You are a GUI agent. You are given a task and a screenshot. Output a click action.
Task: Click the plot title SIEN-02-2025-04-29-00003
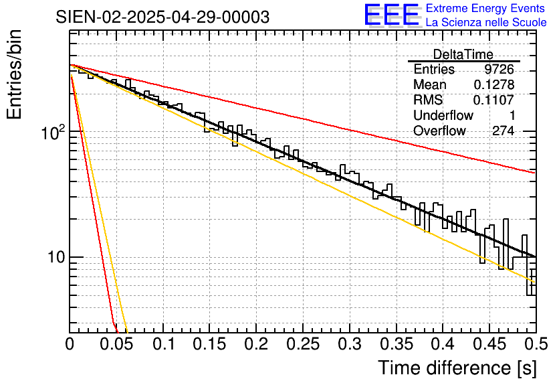pos(162,17)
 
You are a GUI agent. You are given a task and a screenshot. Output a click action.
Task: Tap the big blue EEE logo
pos(391,16)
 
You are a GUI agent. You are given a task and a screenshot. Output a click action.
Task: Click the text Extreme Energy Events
pos(485,9)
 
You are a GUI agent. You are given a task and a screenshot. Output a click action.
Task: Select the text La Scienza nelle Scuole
pos(486,23)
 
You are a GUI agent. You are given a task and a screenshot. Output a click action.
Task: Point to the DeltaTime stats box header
pos(463,54)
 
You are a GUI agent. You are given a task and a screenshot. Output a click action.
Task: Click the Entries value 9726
pos(499,70)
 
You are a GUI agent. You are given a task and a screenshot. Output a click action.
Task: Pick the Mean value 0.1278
pos(494,85)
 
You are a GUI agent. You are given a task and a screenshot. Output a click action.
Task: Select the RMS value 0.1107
pos(494,100)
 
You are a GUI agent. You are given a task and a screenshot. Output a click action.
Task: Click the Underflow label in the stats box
pos(443,116)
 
